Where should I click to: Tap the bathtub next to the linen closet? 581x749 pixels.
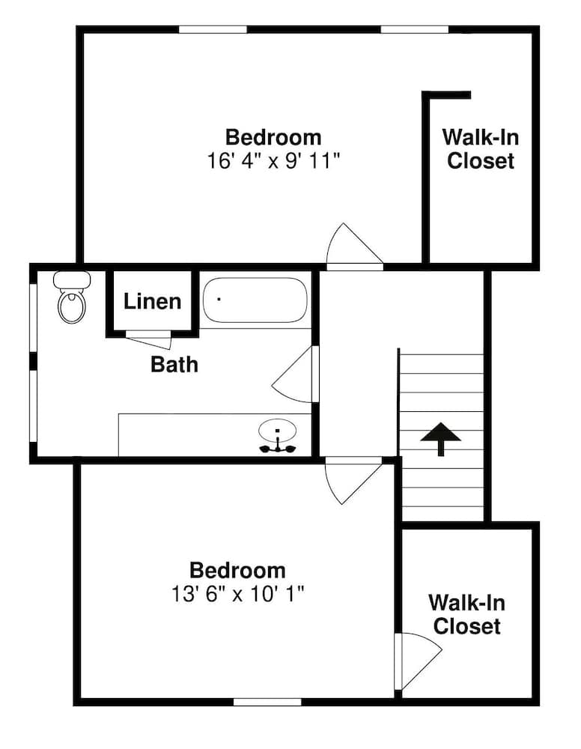[255, 300]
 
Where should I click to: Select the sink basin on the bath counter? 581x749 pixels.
[277, 432]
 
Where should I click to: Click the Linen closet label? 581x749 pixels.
[153, 302]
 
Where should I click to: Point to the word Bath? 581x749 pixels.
[174, 365]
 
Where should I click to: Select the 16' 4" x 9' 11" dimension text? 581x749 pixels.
[274, 160]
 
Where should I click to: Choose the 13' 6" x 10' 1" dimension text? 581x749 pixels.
[237, 593]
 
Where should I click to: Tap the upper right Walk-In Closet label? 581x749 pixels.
[480, 149]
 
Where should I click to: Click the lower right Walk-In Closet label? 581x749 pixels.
[467, 614]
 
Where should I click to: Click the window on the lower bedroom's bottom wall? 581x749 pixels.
[267, 702]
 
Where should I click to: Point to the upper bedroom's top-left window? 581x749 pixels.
[213, 30]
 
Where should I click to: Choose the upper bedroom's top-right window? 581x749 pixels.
[415, 30]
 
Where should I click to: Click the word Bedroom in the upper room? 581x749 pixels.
[273, 138]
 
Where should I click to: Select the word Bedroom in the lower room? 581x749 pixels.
[237, 571]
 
